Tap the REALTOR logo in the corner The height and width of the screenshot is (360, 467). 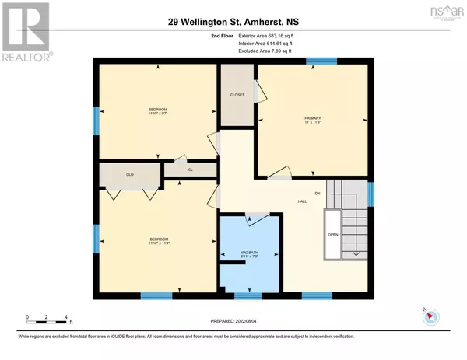point(25,32)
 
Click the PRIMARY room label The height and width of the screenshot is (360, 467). point(312,119)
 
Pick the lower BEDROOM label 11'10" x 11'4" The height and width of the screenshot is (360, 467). point(158,240)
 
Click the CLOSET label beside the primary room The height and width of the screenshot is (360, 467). point(237,95)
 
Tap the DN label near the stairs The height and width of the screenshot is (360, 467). point(317,192)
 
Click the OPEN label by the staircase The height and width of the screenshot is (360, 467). point(332,233)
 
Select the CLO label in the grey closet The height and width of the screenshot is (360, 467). point(130,175)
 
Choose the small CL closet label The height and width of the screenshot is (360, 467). point(190,169)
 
